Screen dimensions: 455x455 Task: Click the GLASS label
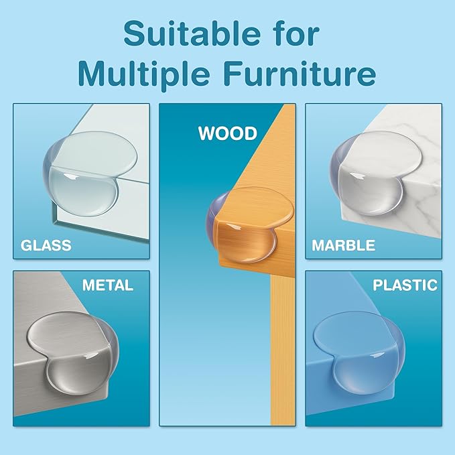(46, 245)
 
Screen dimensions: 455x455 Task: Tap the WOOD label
(228, 133)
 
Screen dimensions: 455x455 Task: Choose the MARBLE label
(343, 245)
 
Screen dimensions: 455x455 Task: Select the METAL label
(108, 285)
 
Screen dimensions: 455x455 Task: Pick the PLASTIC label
(405, 285)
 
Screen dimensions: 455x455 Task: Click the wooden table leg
(283, 348)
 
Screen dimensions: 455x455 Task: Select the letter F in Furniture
(233, 73)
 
